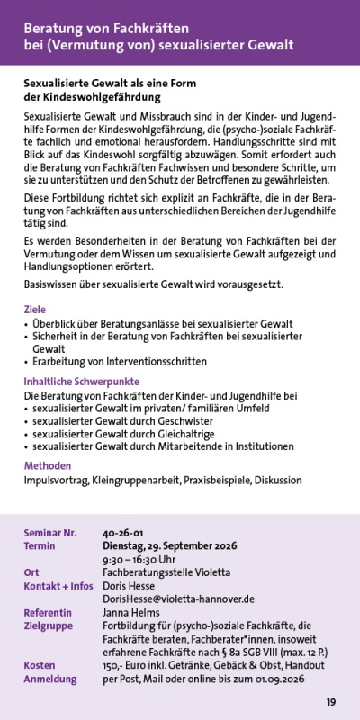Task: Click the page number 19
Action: (x=331, y=702)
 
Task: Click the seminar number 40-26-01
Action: (x=123, y=533)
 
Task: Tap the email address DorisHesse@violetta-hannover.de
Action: (x=178, y=598)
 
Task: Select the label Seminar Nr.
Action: (x=50, y=533)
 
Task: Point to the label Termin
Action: (x=40, y=546)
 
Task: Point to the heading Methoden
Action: (x=48, y=465)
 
